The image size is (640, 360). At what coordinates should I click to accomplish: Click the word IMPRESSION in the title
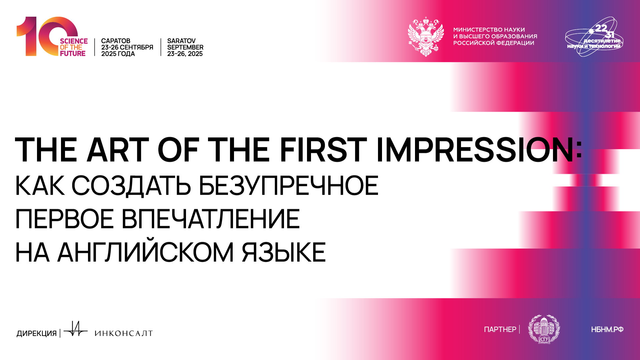coord(475,150)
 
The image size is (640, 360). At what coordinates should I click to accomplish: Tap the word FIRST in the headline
coord(323,150)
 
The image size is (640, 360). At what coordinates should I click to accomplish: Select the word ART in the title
coord(117,150)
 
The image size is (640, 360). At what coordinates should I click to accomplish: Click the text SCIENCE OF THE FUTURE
coord(74,47)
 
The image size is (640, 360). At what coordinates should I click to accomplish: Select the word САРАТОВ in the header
coord(116,41)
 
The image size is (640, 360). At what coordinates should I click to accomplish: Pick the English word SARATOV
coord(181,41)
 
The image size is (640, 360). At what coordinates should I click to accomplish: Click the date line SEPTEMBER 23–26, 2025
coord(185,51)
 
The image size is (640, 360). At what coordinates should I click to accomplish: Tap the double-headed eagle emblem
coord(426,36)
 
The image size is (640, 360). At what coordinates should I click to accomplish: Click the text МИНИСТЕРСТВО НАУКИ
coord(489,30)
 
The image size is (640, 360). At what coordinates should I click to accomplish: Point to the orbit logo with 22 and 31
coord(594,37)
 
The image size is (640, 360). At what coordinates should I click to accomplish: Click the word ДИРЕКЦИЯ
coord(37,333)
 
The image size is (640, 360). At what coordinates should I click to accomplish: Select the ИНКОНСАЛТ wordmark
coord(124,333)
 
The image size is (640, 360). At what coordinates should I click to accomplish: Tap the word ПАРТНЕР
coord(500,329)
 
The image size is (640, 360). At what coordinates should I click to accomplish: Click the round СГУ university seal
coord(544,329)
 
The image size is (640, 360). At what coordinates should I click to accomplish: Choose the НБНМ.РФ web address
coord(607,330)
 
